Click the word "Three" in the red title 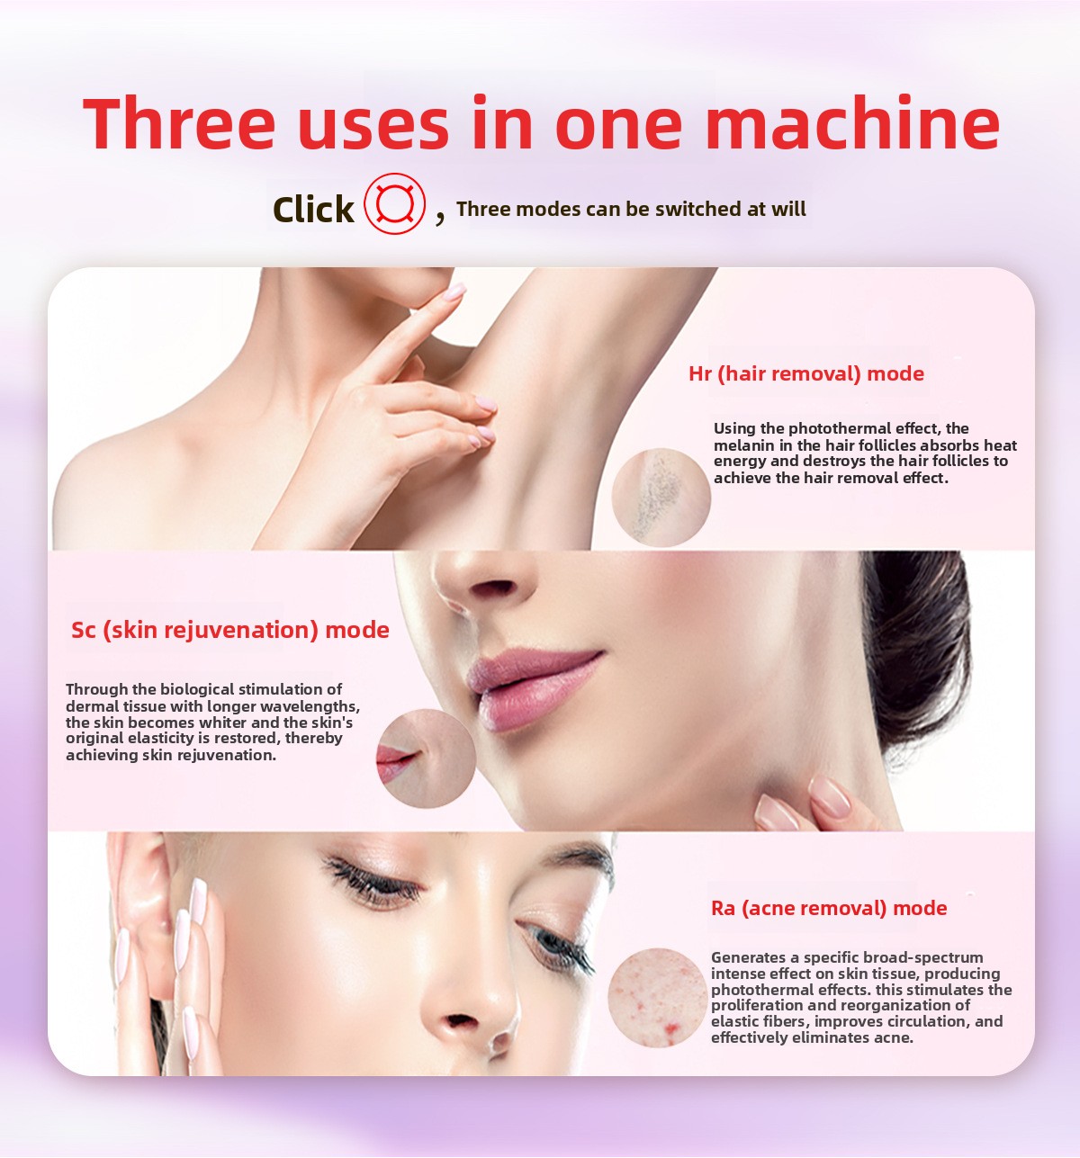coord(178,123)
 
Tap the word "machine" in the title coord(852,123)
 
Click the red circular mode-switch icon coord(395,203)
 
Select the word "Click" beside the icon coord(313,209)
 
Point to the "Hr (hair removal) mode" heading coord(806,373)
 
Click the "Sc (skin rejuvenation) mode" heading coord(229,631)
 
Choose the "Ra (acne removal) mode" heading coord(829,908)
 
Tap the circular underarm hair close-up coord(661,497)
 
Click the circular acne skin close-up coord(658,998)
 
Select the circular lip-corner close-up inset coord(426,758)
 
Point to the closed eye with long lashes coord(373,881)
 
